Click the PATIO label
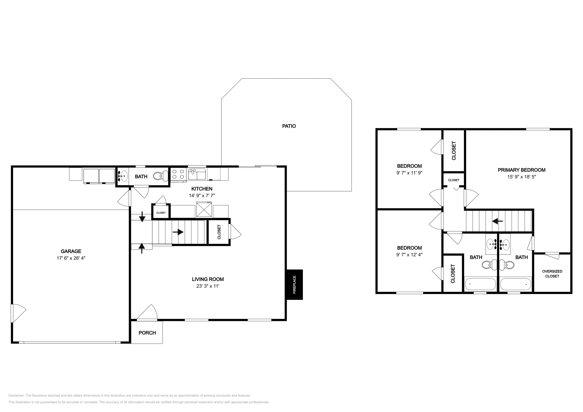coord(289,126)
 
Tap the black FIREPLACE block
coord(294,285)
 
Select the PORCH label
coord(147,333)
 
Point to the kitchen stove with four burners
coord(179,174)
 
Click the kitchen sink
coord(197,174)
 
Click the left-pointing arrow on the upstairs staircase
coord(497,221)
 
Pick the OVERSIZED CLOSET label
coord(552,274)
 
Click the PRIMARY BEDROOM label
coord(521,170)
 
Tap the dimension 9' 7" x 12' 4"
coord(409,255)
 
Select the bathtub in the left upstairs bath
coord(480,284)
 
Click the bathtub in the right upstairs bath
coord(515,284)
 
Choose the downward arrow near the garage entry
coord(142,217)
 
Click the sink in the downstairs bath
coord(123,176)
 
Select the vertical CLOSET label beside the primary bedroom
coord(454,150)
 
